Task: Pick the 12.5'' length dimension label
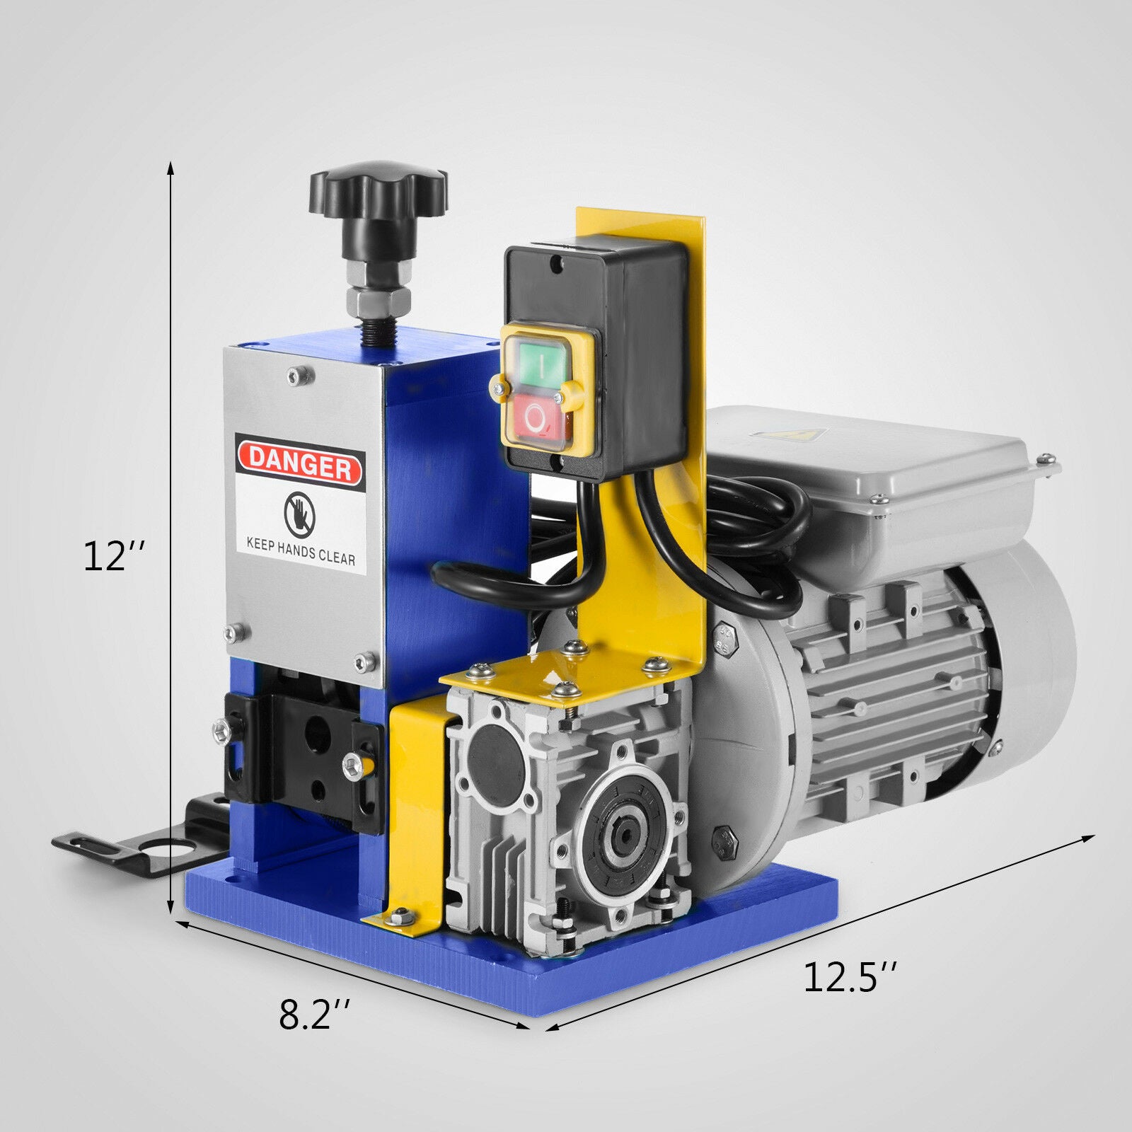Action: (849, 978)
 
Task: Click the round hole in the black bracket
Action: (161, 848)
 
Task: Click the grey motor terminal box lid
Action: (870, 453)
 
